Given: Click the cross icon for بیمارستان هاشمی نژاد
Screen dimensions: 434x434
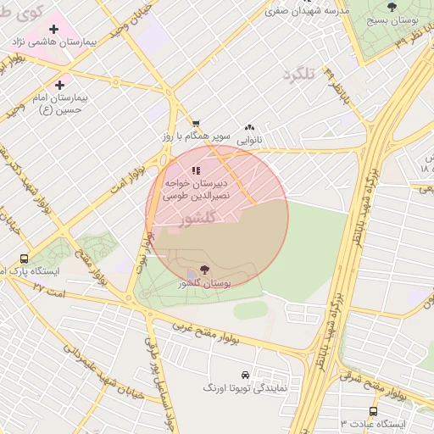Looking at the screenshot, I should coord(54,29).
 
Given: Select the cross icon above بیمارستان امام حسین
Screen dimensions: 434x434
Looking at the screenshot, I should coord(59,85).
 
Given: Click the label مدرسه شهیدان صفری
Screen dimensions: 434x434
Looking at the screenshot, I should coord(307,12).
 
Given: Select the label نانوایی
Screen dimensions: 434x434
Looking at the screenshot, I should coord(249,138).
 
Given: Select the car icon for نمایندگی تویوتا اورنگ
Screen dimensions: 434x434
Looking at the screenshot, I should coord(245,374).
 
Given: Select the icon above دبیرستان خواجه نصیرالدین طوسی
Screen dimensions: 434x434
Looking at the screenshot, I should coord(196,170).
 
